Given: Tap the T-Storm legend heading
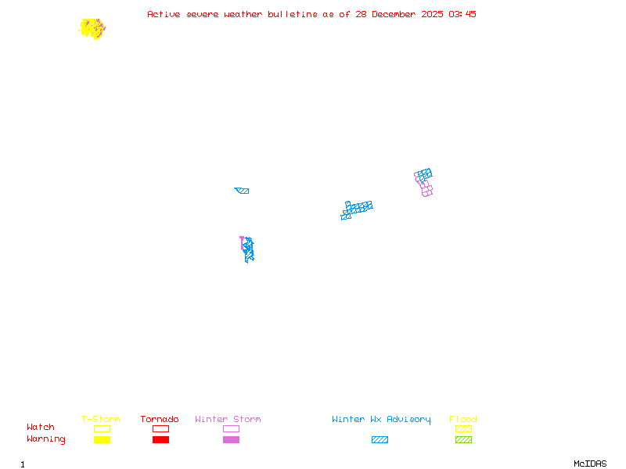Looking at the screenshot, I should click(x=101, y=420).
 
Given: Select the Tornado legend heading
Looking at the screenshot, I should click(x=160, y=420).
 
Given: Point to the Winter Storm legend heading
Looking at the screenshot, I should click(x=228, y=420).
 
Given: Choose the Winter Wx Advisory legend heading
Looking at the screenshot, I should click(x=381, y=420).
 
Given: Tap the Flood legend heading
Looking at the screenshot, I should click(x=463, y=420).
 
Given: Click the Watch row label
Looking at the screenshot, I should click(x=41, y=428).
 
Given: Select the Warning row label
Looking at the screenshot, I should click(x=45, y=439).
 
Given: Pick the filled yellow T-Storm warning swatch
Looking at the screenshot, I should click(x=102, y=439).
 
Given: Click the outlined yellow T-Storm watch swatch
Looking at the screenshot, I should click(x=102, y=428).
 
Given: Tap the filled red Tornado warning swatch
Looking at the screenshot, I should click(x=160, y=439).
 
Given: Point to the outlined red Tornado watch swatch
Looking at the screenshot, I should click(x=160, y=428).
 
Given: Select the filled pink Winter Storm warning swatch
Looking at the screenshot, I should click(x=231, y=439).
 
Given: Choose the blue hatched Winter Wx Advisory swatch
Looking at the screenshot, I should click(x=380, y=439).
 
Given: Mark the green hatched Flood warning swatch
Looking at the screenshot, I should click(x=463, y=439).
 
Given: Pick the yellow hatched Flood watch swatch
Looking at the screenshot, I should click(x=463, y=428).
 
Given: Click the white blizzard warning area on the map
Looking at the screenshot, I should click(x=354, y=200).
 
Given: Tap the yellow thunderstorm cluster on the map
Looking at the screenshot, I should click(x=91, y=28).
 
